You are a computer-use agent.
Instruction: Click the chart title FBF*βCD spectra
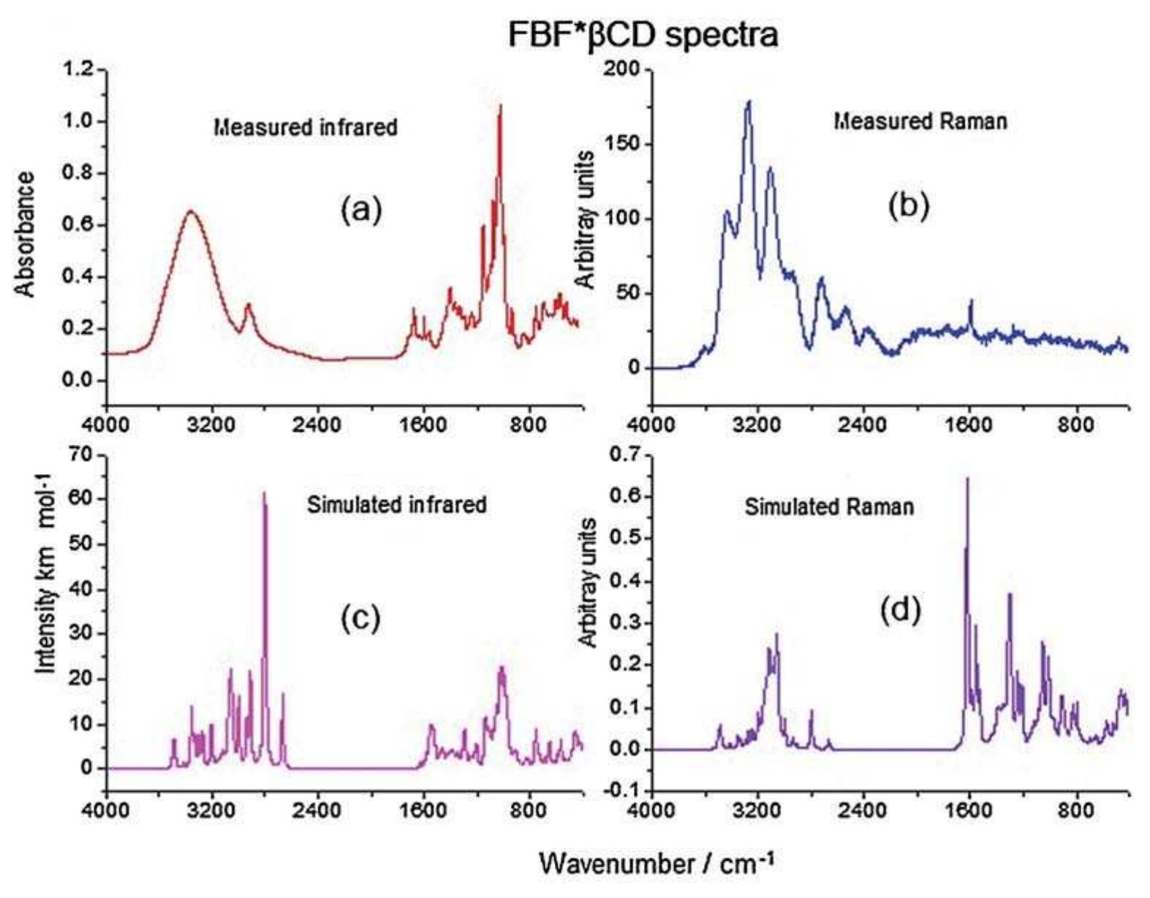coord(643,34)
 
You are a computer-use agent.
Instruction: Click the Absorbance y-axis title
coord(25,235)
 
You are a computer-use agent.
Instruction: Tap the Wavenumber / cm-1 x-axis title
coord(656,864)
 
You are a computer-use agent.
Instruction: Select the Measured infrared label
coord(306,127)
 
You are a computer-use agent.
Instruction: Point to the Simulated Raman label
coord(829,506)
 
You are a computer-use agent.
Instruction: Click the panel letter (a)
coord(361,210)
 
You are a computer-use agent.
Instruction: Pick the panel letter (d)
coord(899,610)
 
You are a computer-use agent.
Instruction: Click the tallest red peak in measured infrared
coord(501,107)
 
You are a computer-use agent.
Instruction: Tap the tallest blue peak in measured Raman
coord(749,102)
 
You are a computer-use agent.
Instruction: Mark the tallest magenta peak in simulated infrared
coord(264,493)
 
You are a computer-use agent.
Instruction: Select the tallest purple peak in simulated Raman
coord(968,479)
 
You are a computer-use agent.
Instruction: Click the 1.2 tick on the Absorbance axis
coord(79,70)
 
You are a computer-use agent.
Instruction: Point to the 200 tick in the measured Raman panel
coord(624,69)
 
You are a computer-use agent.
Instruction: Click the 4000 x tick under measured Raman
coord(651,424)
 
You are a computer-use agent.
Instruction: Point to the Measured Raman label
coord(920,121)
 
